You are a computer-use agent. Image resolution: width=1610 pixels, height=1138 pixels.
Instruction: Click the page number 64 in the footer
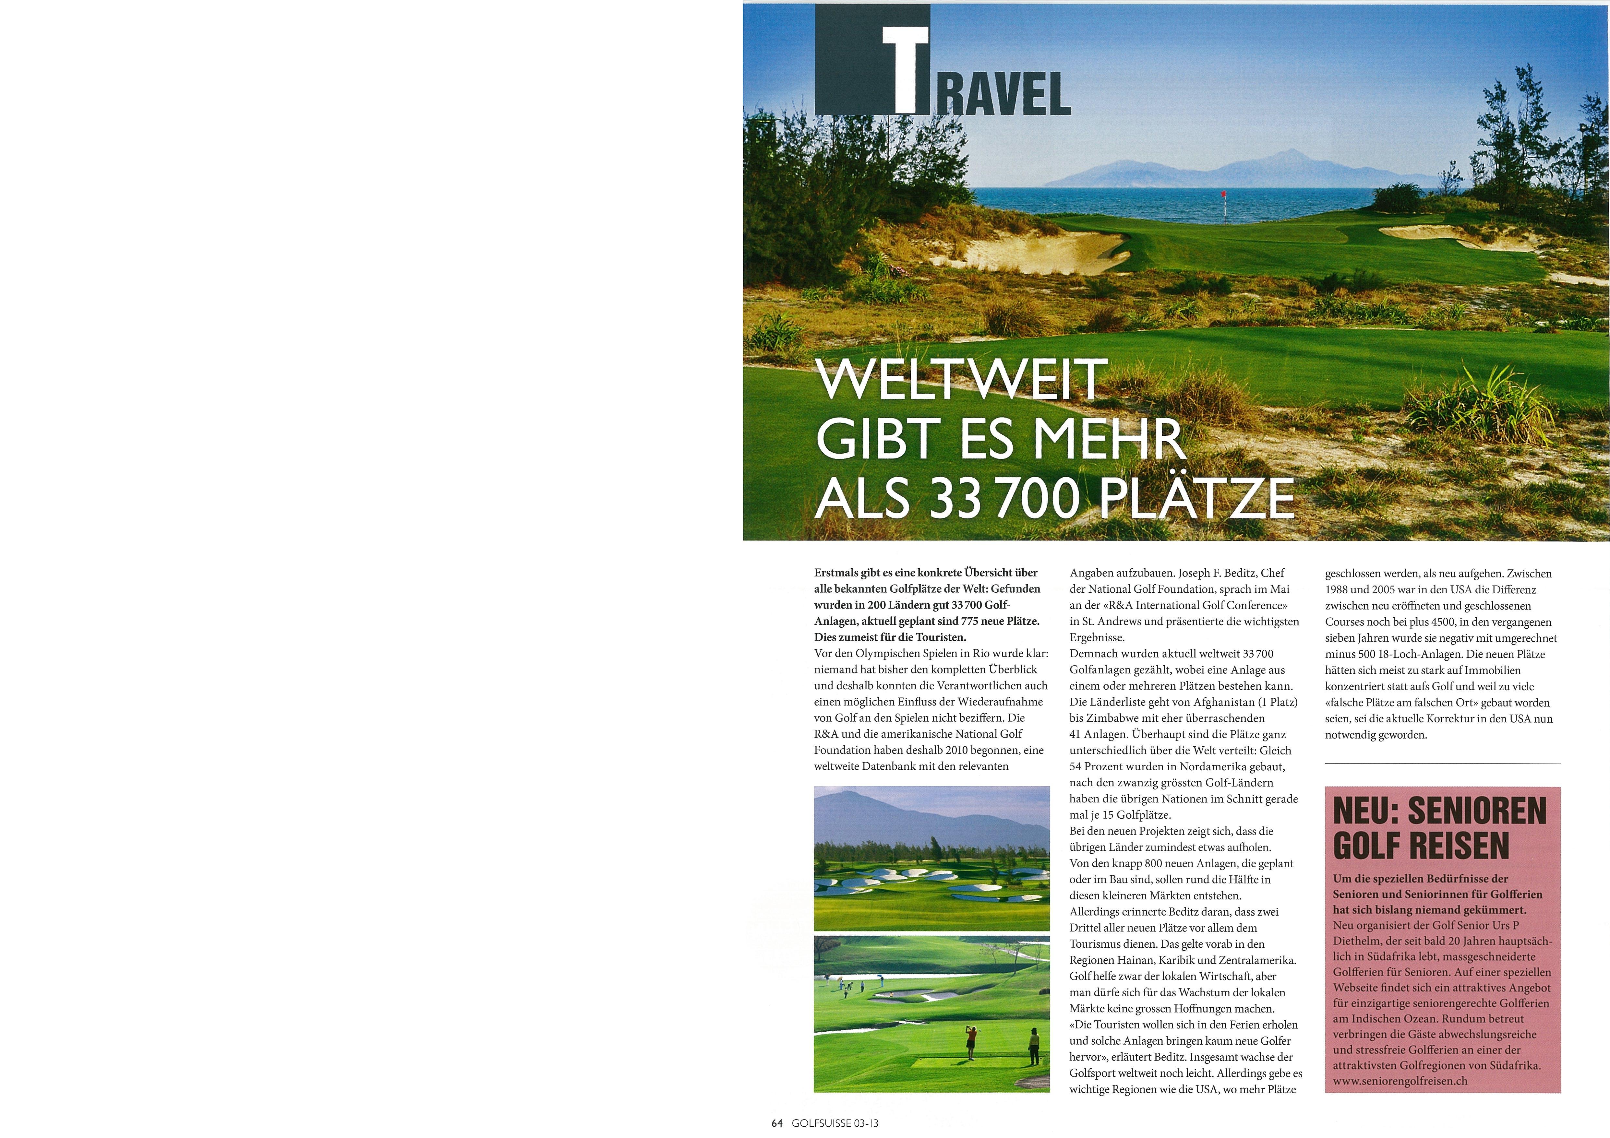(x=776, y=1122)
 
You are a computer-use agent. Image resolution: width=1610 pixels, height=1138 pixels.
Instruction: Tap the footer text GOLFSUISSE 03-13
(x=835, y=1122)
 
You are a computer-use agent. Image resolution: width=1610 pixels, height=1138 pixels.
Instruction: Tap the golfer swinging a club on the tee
(x=970, y=1042)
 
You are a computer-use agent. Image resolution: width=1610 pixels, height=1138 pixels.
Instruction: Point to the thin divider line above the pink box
(x=1442, y=764)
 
